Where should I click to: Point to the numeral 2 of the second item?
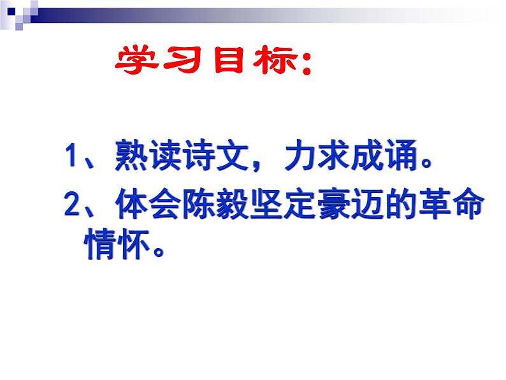click(x=71, y=206)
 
